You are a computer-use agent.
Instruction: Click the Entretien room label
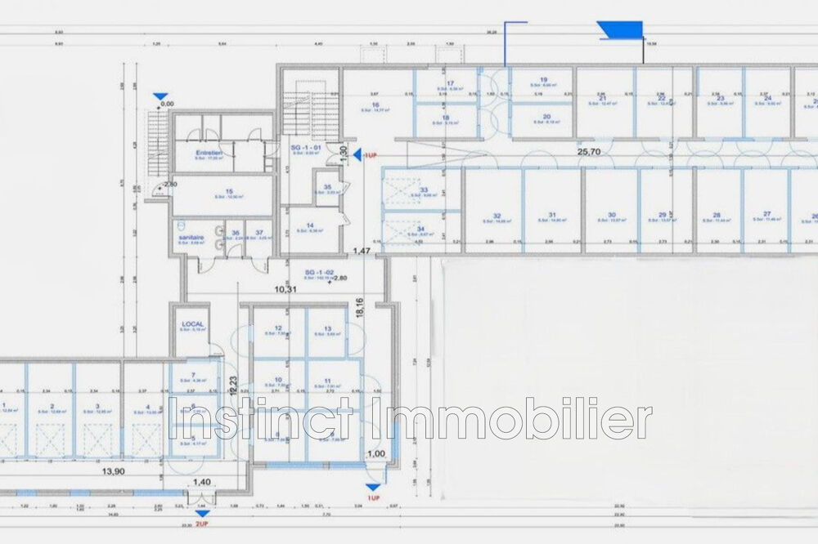click(x=210, y=153)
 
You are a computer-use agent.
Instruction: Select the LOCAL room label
click(x=191, y=324)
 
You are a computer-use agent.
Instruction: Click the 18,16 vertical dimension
click(x=360, y=306)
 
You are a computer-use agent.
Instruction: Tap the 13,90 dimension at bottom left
click(x=113, y=472)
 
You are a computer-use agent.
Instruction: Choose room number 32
click(x=497, y=216)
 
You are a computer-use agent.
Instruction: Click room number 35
click(x=327, y=187)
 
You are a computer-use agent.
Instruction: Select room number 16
click(x=375, y=105)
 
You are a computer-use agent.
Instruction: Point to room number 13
click(x=327, y=328)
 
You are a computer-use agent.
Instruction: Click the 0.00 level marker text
click(x=167, y=105)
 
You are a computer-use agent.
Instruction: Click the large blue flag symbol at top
click(x=621, y=30)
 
